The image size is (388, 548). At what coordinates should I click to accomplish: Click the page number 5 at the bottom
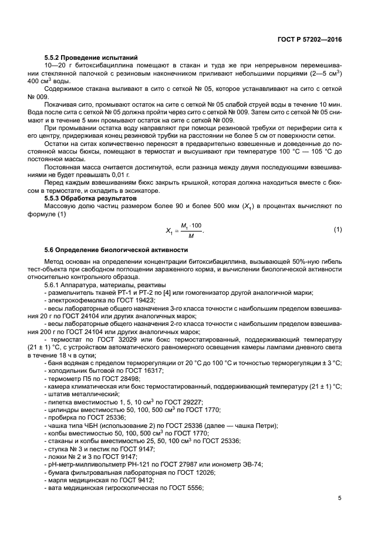tap(340, 499)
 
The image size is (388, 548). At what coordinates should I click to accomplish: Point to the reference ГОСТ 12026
tap(195, 472)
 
